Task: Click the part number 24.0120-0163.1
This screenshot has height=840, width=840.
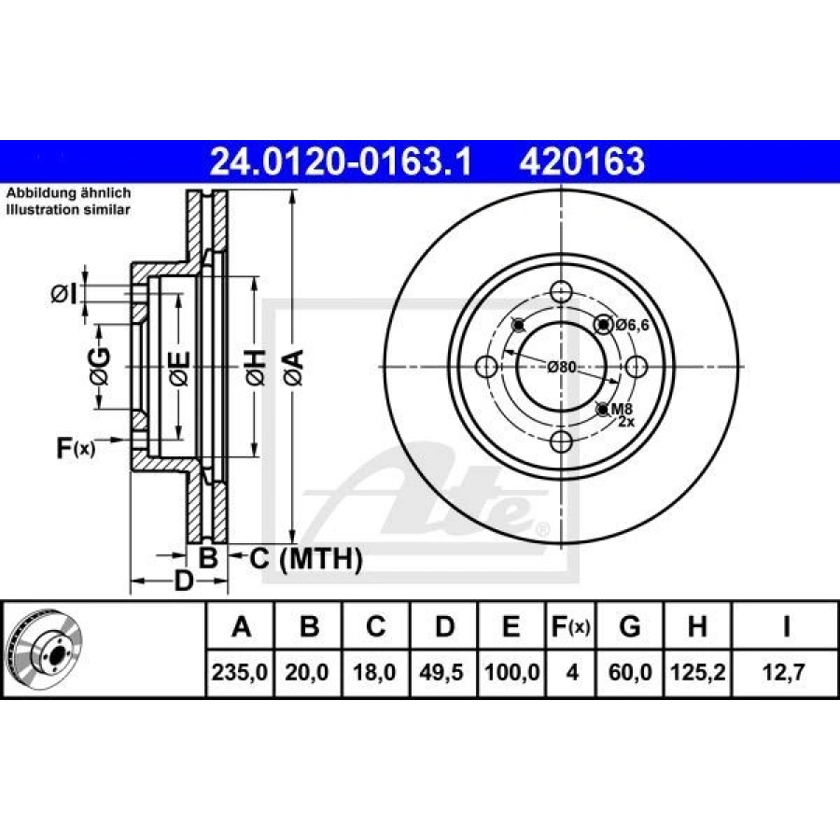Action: [x=341, y=161]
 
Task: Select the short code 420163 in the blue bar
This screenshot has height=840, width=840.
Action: [x=581, y=161]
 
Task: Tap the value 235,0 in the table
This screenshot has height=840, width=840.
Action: [x=240, y=672]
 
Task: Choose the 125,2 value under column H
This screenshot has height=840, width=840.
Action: [x=697, y=672]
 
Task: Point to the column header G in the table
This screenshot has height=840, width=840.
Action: [x=629, y=625]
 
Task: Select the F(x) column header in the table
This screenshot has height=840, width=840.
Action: [x=570, y=626]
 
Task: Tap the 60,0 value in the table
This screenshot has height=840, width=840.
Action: [x=630, y=672]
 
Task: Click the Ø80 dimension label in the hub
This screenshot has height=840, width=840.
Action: [x=562, y=367]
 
